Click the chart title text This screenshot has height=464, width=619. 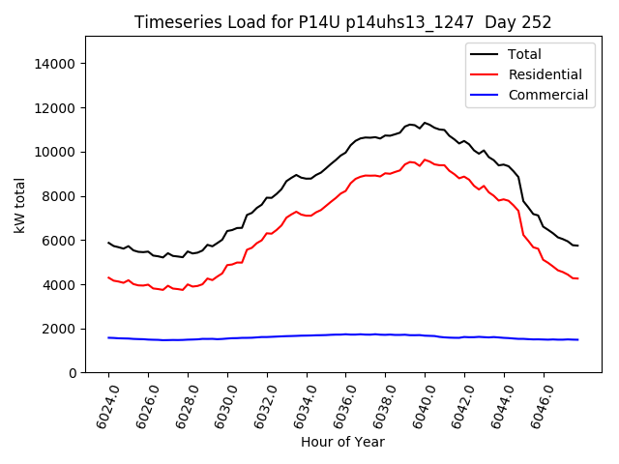(x=342, y=22)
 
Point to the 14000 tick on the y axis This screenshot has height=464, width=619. (x=55, y=64)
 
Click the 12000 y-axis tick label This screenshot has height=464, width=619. (x=55, y=108)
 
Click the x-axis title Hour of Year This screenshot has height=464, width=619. (x=342, y=443)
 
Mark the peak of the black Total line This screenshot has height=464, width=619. (x=425, y=123)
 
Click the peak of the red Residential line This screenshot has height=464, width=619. (x=425, y=159)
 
